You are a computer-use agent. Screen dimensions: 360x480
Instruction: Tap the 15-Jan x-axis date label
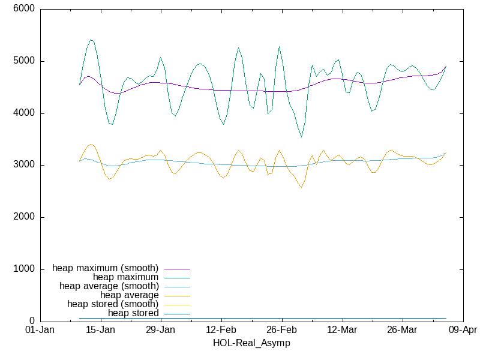pyautogui.click(x=100, y=331)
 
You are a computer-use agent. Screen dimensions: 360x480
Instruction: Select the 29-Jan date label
pyautogui.click(x=160, y=331)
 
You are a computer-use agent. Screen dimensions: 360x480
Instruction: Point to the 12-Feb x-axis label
pyautogui.click(x=221, y=331)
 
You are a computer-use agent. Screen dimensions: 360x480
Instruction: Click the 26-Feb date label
pyautogui.click(x=281, y=331)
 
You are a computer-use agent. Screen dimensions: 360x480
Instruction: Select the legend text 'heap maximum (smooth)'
pyautogui.click(x=106, y=268)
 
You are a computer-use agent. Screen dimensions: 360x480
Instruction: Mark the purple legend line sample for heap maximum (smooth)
pyautogui.click(x=177, y=268)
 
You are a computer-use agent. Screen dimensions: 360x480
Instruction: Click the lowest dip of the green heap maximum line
pyautogui.click(x=301, y=137)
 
